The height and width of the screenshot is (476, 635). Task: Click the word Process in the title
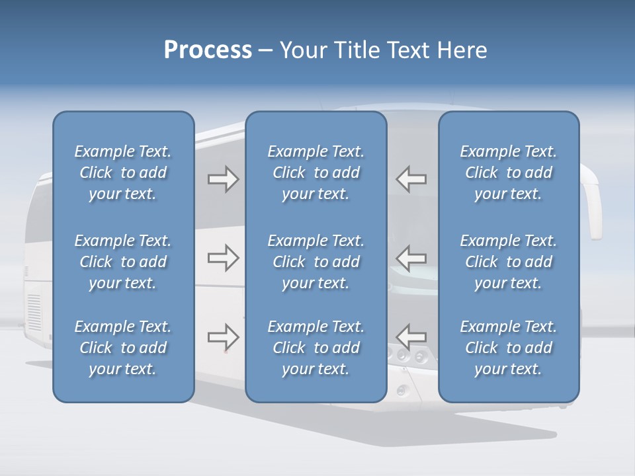click(x=208, y=50)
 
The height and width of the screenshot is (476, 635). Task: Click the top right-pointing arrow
click(x=223, y=179)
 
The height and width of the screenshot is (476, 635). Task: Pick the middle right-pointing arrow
click(x=223, y=258)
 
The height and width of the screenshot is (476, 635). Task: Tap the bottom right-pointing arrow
click(x=223, y=337)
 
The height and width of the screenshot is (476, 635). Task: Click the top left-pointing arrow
click(x=411, y=179)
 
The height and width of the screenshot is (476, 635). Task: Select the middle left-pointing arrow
click(x=411, y=258)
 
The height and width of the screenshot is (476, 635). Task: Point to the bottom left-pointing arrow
click(x=411, y=337)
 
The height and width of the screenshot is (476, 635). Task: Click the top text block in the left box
click(x=123, y=173)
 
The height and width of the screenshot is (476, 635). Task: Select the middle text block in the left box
click(x=123, y=262)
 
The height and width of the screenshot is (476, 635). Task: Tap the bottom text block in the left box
click(x=123, y=348)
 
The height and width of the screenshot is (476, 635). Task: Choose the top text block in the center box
click(x=316, y=173)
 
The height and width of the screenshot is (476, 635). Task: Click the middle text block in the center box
click(x=316, y=262)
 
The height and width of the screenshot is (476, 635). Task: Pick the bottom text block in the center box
click(x=316, y=348)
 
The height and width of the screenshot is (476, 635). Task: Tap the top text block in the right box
click(x=508, y=173)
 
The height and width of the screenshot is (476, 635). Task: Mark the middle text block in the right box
click(x=508, y=262)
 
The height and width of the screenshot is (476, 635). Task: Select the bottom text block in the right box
click(x=508, y=348)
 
